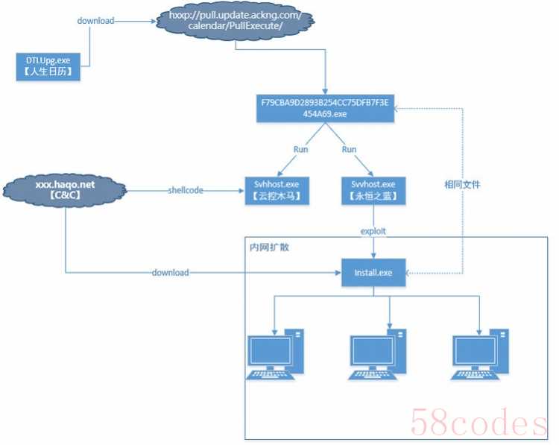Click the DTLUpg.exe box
(x=48, y=66)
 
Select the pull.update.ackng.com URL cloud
(x=236, y=21)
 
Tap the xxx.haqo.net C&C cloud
(x=65, y=190)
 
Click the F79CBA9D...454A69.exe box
(x=325, y=108)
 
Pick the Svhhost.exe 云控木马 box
(x=277, y=190)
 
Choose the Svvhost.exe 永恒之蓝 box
(x=373, y=190)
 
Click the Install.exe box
(x=373, y=273)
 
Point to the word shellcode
(x=186, y=190)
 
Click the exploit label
(x=373, y=231)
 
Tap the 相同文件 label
(x=462, y=185)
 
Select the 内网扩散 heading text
(x=270, y=247)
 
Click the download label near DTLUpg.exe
(x=96, y=21)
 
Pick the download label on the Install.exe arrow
(x=171, y=273)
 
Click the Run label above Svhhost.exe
(x=300, y=149)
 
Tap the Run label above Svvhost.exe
(x=349, y=149)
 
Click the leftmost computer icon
(x=275, y=354)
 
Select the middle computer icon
(x=377, y=354)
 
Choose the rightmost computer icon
(x=479, y=354)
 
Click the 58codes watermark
(x=479, y=422)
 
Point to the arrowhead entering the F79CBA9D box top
(x=325, y=92)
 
